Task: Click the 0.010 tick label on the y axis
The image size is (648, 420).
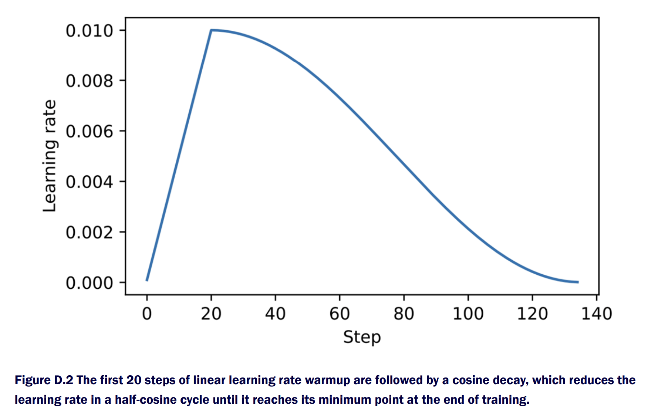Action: coord(89,31)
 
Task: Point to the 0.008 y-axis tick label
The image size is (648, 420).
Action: coord(89,81)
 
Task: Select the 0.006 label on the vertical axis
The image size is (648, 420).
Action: coord(89,132)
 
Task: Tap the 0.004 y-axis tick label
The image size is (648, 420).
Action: coord(89,182)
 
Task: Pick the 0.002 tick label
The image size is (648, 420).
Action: coord(89,233)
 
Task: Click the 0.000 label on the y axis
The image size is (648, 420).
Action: coord(89,283)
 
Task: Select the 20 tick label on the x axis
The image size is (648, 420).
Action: coord(211,314)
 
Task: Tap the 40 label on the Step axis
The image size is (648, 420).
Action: coord(275,314)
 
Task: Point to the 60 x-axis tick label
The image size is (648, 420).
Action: coord(340,314)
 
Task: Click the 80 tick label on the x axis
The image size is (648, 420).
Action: coord(404,314)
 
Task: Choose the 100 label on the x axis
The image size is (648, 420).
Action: coord(468,314)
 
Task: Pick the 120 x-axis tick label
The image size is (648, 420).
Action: coord(532,314)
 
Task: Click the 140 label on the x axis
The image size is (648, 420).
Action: coord(597,314)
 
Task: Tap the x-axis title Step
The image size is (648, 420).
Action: coord(362,337)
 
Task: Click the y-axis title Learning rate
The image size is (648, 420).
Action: coord(50,156)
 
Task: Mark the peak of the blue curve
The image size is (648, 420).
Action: coord(211,30)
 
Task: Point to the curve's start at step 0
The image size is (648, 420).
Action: coord(147,280)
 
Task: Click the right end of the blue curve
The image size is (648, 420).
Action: coord(577,282)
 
